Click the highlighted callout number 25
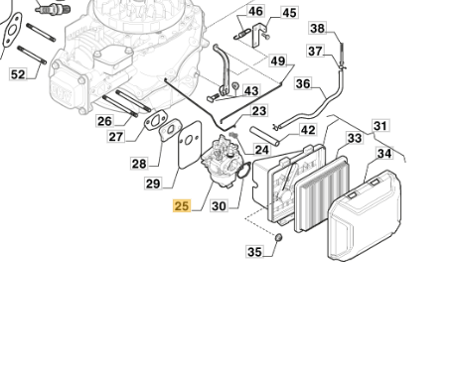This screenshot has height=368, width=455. click(x=182, y=206)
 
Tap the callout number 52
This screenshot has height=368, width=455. click(x=18, y=74)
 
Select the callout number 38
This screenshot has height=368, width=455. click(x=317, y=28)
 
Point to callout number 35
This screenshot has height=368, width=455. click(x=254, y=252)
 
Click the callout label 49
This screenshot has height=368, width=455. click(x=278, y=61)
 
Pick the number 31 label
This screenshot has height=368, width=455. click(x=380, y=126)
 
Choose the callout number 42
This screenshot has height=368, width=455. click(x=308, y=130)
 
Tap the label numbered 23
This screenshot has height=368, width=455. click(x=259, y=111)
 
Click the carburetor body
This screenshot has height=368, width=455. click(x=220, y=162)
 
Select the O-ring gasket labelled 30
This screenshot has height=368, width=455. click(x=244, y=171)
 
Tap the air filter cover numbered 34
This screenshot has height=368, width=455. click(x=365, y=215)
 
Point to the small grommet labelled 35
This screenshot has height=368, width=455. click(x=279, y=237)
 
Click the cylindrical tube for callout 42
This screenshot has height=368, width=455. click(x=265, y=136)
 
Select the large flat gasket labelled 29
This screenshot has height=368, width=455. click(x=190, y=145)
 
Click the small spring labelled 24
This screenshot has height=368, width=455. click(x=233, y=135)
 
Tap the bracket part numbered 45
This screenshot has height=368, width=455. click(x=259, y=35)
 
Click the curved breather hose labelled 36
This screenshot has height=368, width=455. click(x=311, y=101)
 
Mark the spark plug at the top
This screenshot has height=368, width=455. click(x=53, y=6)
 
